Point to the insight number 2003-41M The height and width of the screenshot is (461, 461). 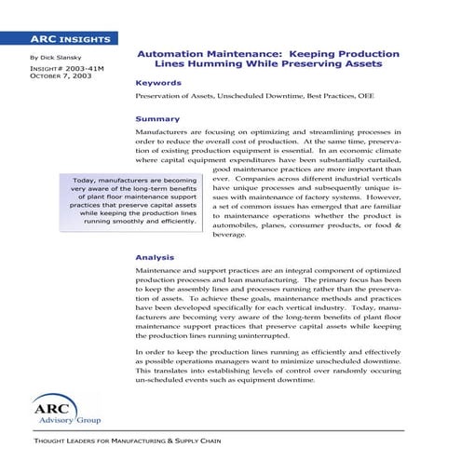58,69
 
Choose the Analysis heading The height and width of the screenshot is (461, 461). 156,256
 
